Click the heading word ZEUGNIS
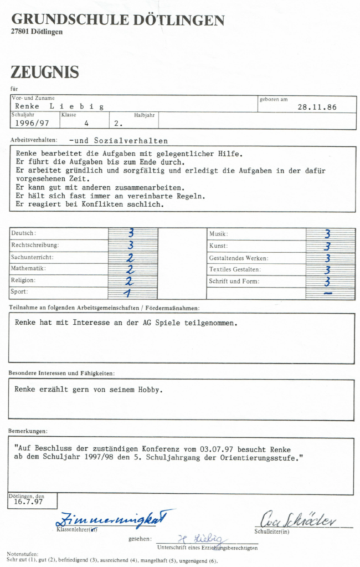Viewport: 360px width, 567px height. (x=44, y=72)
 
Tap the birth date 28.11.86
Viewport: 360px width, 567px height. (x=317, y=107)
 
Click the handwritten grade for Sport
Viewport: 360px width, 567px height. (x=128, y=293)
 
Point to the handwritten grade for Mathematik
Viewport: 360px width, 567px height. (x=131, y=269)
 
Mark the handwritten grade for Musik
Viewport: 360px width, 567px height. (x=328, y=234)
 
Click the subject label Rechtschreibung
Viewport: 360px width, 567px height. (x=35, y=245)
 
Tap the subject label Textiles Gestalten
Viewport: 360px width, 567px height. (x=235, y=270)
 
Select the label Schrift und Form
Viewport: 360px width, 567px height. (x=234, y=282)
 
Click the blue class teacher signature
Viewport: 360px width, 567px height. (x=113, y=519)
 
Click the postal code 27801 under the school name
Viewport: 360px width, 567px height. (x=20, y=32)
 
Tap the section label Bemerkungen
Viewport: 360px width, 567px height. (x=28, y=431)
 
